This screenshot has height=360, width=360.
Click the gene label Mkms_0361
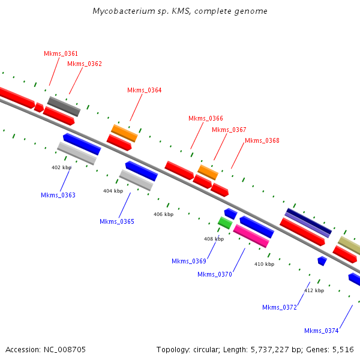61,54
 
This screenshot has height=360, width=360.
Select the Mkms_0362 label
85,64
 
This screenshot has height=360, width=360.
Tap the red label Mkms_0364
144,91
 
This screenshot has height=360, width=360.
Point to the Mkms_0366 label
205,119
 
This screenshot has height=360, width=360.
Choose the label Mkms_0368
262,141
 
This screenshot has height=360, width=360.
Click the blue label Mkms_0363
58,196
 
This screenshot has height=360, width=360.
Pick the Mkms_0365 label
117,222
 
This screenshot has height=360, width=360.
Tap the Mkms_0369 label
189,261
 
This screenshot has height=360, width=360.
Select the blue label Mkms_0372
280,308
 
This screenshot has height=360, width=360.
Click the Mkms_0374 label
322,331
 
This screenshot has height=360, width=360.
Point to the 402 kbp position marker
61,167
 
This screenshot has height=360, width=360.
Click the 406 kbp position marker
163,214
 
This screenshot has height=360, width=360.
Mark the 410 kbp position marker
264,264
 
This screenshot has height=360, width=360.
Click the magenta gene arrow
251,236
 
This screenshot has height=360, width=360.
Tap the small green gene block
225,223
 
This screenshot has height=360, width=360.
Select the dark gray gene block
64,106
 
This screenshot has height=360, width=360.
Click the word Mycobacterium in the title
121,11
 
